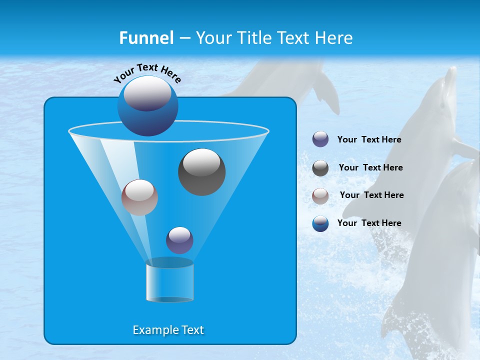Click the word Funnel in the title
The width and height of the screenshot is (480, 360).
(x=146, y=38)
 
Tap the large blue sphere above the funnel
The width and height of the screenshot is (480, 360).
(x=148, y=106)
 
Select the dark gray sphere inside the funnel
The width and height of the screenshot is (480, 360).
(x=201, y=172)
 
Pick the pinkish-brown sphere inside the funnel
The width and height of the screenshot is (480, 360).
(x=139, y=197)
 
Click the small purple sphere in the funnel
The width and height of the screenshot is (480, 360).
(x=179, y=240)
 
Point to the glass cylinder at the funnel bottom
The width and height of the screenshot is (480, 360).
(x=169, y=281)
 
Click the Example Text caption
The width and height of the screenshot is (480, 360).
(x=168, y=330)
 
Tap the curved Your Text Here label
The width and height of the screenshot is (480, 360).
(x=147, y=72)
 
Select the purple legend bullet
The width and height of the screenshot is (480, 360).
(x=320, y=139)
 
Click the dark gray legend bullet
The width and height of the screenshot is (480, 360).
(x=320, y=168)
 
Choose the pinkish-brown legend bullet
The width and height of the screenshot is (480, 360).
(x=320, y=195)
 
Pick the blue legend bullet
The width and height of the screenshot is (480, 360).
(x=320, y=223)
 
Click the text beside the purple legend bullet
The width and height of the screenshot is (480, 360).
(x=369, y=140)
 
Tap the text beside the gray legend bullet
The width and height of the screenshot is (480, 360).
(x=370, y=168)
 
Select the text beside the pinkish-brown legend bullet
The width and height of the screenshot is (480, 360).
(x=371, y=195)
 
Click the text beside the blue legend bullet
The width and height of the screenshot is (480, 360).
(x=369, y=223)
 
